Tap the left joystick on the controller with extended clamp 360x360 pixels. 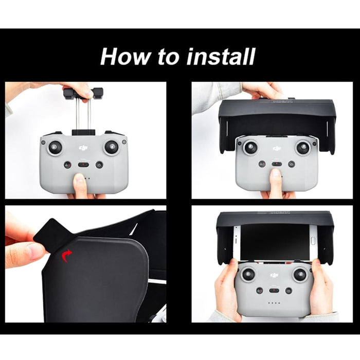click(x=56, y=148)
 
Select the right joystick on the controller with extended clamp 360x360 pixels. click(x=111, y=148)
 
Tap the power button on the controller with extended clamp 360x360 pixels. click(x=99, y=165)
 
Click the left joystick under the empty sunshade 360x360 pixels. click(x=250, y=148)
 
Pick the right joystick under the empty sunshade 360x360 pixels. click(x=303, y=148)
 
